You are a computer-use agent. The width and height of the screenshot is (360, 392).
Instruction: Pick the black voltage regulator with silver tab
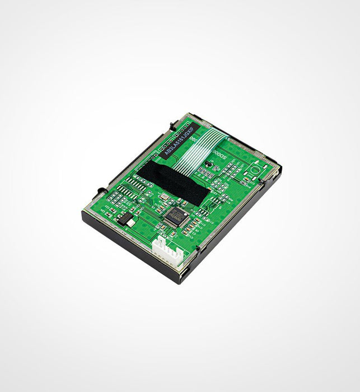point(125,218)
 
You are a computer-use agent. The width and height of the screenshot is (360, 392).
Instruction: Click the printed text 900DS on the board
point(219,156)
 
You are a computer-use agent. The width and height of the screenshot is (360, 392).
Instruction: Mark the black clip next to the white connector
point(198,248)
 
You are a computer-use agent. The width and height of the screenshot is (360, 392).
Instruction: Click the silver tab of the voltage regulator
point(130,222)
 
